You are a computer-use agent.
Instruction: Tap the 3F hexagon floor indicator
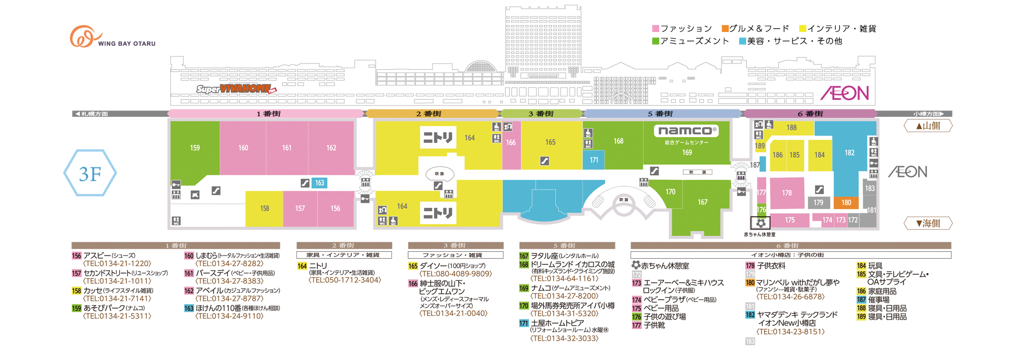coord(90,173)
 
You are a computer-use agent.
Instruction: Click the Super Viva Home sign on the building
coord(236,89)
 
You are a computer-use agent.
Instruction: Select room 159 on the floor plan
coord(195,148)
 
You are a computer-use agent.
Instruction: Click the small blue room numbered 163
coord(319,183)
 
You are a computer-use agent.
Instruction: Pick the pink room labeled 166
coord(511,143)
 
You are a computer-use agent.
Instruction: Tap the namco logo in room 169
coord(686,131)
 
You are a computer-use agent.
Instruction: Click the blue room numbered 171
coord(594,160)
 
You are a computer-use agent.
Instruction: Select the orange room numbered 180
coord(846,203)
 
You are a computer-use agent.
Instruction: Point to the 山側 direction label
coord(928,126)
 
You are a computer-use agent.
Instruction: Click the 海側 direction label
coord(928,223)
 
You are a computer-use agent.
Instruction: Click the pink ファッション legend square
coord(656,29)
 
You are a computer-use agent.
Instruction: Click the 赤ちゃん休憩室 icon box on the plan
coord(760,223)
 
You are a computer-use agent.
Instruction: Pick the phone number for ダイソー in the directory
coord(455,274)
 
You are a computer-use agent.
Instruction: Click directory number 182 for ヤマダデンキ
coord(750,315)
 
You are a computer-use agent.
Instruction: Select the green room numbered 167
coord(702,203)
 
